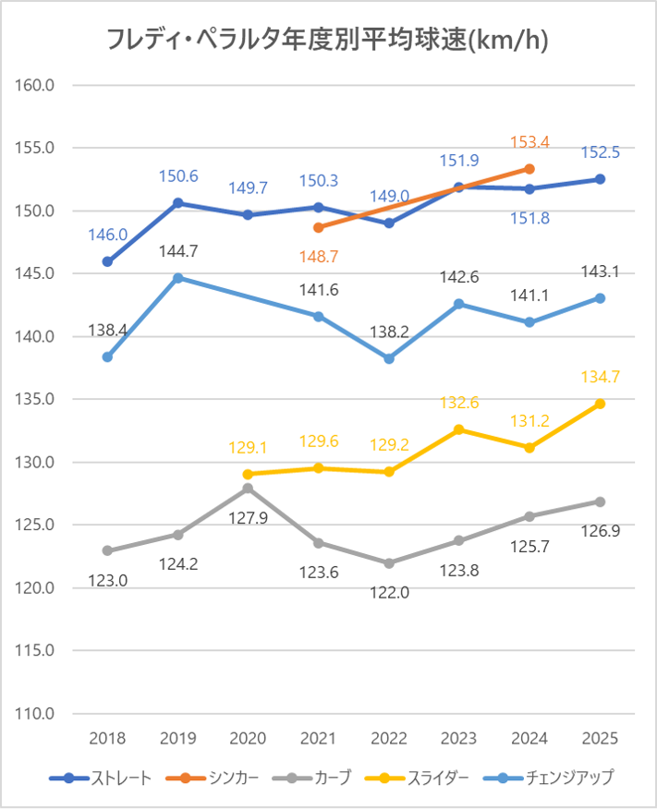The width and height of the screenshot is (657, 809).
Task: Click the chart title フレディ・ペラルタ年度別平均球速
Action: (x=329, y=41)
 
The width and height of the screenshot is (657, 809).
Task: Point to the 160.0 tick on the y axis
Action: (x=36, y=85)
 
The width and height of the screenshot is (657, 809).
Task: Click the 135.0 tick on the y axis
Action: (x=36, y=399)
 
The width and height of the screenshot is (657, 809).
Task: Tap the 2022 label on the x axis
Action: (x=388, y=739)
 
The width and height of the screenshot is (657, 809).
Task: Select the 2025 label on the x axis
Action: (x=600, y=739)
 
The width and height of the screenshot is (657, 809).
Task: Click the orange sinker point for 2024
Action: (x=529, y=168)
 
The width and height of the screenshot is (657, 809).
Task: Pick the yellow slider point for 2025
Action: (x=600, y=404)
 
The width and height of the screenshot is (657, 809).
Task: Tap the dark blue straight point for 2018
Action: (x=107, y=261)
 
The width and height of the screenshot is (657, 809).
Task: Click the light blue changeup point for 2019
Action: (x=177, y=277)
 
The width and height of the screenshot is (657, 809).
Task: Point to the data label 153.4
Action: (x=530, y=142)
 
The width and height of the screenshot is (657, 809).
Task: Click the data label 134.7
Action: (x=600, y=376)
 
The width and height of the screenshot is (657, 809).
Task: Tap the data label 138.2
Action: (x=388, y=329)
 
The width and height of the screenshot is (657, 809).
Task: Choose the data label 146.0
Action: (x=108, y=235)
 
